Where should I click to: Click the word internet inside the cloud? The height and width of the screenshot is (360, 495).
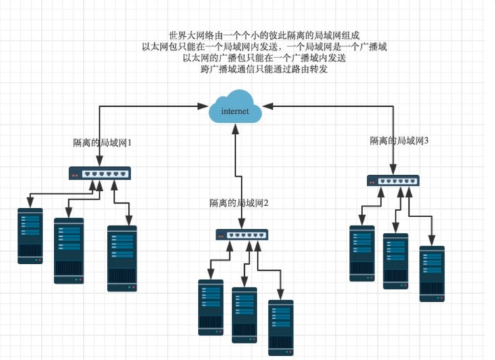235,111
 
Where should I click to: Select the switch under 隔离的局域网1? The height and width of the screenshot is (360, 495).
101,174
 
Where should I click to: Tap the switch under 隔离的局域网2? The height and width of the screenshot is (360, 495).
242,235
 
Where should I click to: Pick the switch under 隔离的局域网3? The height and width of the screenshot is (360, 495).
393,181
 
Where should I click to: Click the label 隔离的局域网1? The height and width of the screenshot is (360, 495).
101,143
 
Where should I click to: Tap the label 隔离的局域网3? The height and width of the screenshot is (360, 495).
400,141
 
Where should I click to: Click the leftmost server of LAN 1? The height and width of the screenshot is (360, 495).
30,235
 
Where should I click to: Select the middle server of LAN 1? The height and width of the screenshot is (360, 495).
68,250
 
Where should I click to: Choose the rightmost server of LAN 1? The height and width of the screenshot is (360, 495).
122,258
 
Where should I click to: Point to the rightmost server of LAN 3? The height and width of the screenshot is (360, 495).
431,273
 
